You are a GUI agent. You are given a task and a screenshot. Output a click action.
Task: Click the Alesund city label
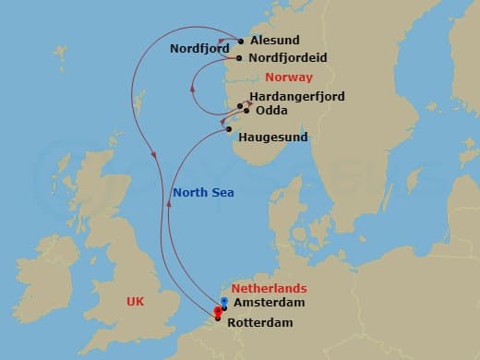point(275,41)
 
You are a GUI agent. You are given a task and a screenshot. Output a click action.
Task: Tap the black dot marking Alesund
point(241,41)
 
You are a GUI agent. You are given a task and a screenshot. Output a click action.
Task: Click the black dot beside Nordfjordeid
point(239,58)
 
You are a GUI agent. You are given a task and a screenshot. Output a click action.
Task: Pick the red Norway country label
point(289,78)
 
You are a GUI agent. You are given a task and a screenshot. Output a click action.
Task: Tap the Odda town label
point(270,111)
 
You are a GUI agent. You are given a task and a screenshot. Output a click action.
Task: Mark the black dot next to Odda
point(246,110)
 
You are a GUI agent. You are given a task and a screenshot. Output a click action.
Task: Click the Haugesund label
point(272,138)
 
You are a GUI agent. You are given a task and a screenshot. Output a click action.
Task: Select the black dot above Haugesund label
point(230,128)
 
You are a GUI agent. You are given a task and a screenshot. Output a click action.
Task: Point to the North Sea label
point(203,192)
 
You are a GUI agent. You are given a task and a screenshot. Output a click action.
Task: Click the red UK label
point(135,301)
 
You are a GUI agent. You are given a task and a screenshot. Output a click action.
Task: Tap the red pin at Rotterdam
point(217,311)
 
